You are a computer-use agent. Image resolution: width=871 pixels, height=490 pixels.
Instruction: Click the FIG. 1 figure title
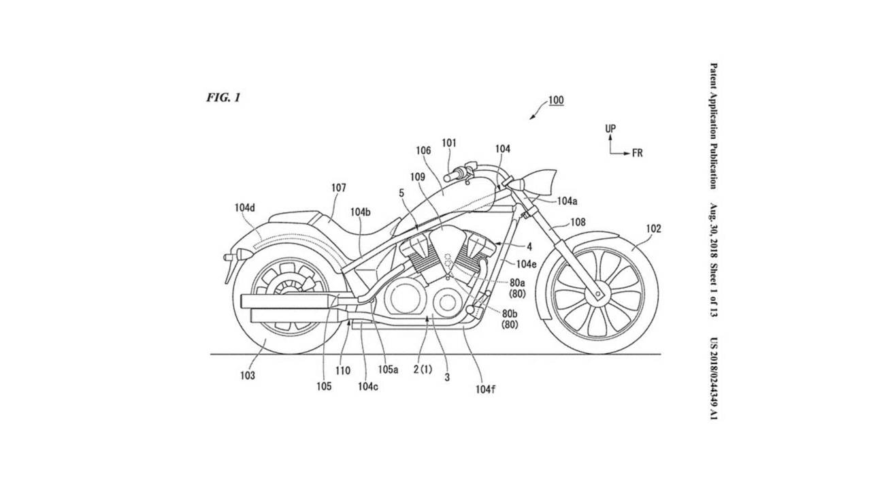pyautogui.click(x=223, y=98)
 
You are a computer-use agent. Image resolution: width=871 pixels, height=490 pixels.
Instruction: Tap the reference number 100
pyautogui.click(x=556, y=101)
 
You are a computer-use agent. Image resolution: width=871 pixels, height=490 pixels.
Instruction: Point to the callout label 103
pyautogui.click(x=247, y=375)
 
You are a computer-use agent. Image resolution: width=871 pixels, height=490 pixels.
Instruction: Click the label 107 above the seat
pyautogui.click(x=338, y=188)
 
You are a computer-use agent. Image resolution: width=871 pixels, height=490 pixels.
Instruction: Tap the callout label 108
pyautogui.click(x=576, y=222)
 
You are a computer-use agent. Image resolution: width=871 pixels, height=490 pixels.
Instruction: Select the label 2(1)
pyautogui.click(x=423, y=369)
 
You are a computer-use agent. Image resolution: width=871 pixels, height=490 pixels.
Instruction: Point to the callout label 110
pyautogui.click(x=342, y=371)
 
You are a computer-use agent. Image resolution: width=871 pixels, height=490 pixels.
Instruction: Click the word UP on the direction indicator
pyautogui.click(x=610, y=129)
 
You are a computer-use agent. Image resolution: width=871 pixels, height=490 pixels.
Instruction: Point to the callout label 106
pyautogui.click(x=421, y=151)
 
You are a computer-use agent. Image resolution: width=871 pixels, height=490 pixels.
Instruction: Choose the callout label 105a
pyautogui.click(x=388, y=369)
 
